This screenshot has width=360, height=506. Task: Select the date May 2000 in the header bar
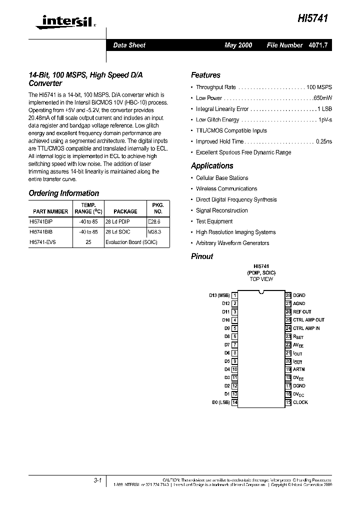pyautogui.click(x=238, y=45)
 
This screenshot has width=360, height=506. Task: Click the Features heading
pyautogui.click(x=205, y=75)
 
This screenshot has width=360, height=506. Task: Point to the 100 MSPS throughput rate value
pyautogui.click(x=319, y=87)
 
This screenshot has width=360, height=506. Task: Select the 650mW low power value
pyautogui.click(x=321, y=98)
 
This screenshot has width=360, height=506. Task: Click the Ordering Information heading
pyautogui.click(x=64, y=193)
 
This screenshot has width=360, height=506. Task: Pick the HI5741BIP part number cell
pyautogui.click(x=41, y=220)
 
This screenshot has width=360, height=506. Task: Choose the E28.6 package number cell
pyautogui.click(x=154, y=220)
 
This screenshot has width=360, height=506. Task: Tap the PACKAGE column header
pyautogui.click(x=125, y=211)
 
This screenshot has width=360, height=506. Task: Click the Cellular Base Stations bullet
pyautogui.click(x=222, y=178)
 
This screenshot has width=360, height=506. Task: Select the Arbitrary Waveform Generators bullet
pyautogui.click(x=232, y=243)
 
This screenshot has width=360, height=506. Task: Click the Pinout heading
pyautogui.click(x=202, y=256)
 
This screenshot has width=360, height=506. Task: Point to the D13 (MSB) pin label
pyautogui.click(x=219, y=295)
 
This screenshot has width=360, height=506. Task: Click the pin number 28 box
pyautogui.click(x=288, y=295)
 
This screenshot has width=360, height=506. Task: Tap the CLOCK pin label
pyautogui.click(x=300, y=402)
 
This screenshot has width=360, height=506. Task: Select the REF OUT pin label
pyautogui.click(x=302, y=312)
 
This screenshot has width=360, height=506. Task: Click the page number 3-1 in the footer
pyautogui.click(x=97, y=480)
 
